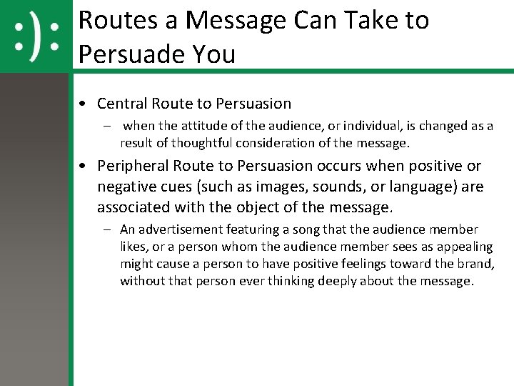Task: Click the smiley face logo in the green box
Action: tap(36, 36)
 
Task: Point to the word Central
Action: tap(122, 104)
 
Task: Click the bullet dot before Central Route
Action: tap(84, 104)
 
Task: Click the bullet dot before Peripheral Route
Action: tap(84, 167)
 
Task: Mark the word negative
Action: tap(126, 187)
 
